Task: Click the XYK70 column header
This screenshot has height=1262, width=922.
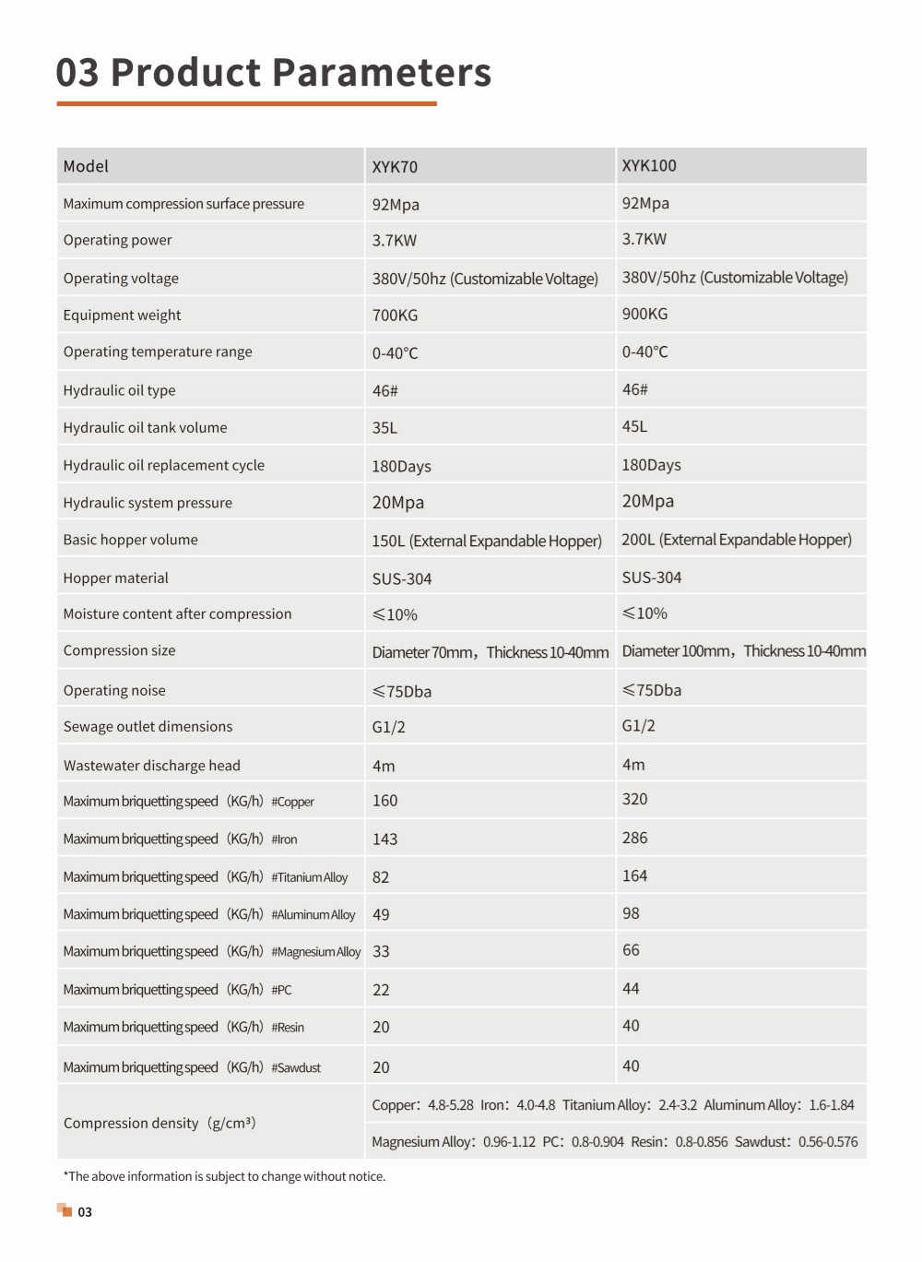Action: pos(395,167)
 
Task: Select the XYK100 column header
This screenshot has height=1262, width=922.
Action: pos(649,166)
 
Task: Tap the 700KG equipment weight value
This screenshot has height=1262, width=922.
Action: pos(395,315)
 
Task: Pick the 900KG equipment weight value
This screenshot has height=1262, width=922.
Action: pos(644,315)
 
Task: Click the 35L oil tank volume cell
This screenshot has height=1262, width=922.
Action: pos(384,428)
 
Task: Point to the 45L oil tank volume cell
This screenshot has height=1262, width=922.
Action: pos(634,427)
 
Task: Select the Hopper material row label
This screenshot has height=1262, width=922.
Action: pos(116,578)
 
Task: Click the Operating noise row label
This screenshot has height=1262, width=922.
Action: pos(114,691)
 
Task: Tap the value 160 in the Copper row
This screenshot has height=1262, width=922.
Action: pos(384,801)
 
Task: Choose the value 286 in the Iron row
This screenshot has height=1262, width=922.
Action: pos(634,838)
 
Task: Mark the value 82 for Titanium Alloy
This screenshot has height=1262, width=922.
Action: pos(381,877)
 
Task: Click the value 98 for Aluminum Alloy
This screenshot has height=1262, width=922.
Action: pos(631,913)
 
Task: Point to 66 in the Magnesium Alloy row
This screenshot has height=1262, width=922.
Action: pos(631,950)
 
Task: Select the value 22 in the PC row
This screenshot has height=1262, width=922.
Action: pos(381,990)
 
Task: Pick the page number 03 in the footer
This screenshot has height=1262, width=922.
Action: pos(85,1212)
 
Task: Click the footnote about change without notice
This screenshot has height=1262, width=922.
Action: pos(224,1176)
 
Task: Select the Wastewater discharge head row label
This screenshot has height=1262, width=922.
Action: pos(152,766)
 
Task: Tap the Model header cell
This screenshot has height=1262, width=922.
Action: pos(86,167)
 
